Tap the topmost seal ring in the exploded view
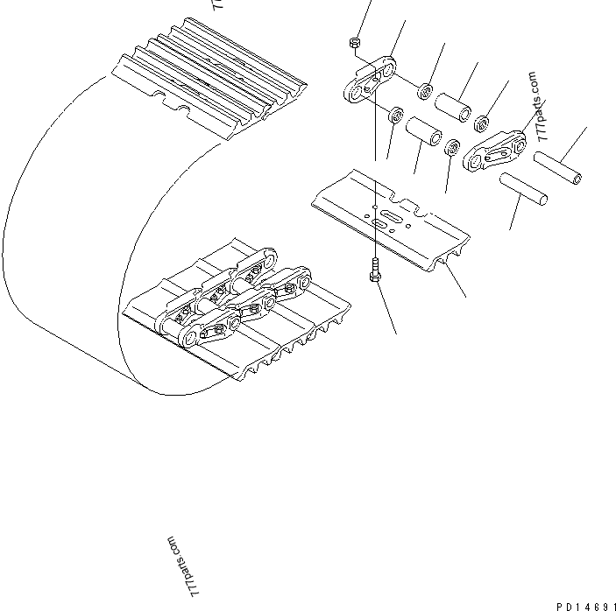pos(425,90)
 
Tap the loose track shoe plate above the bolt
pos(389,215)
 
